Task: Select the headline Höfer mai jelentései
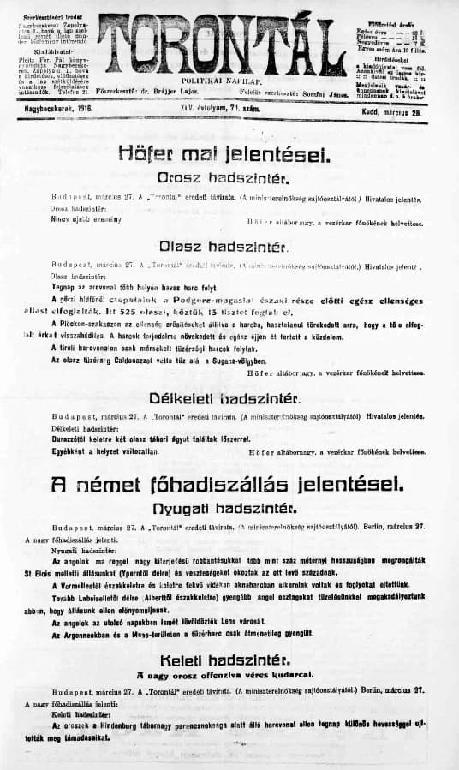point(228,156)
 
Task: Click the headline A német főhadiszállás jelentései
point(227,483)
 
